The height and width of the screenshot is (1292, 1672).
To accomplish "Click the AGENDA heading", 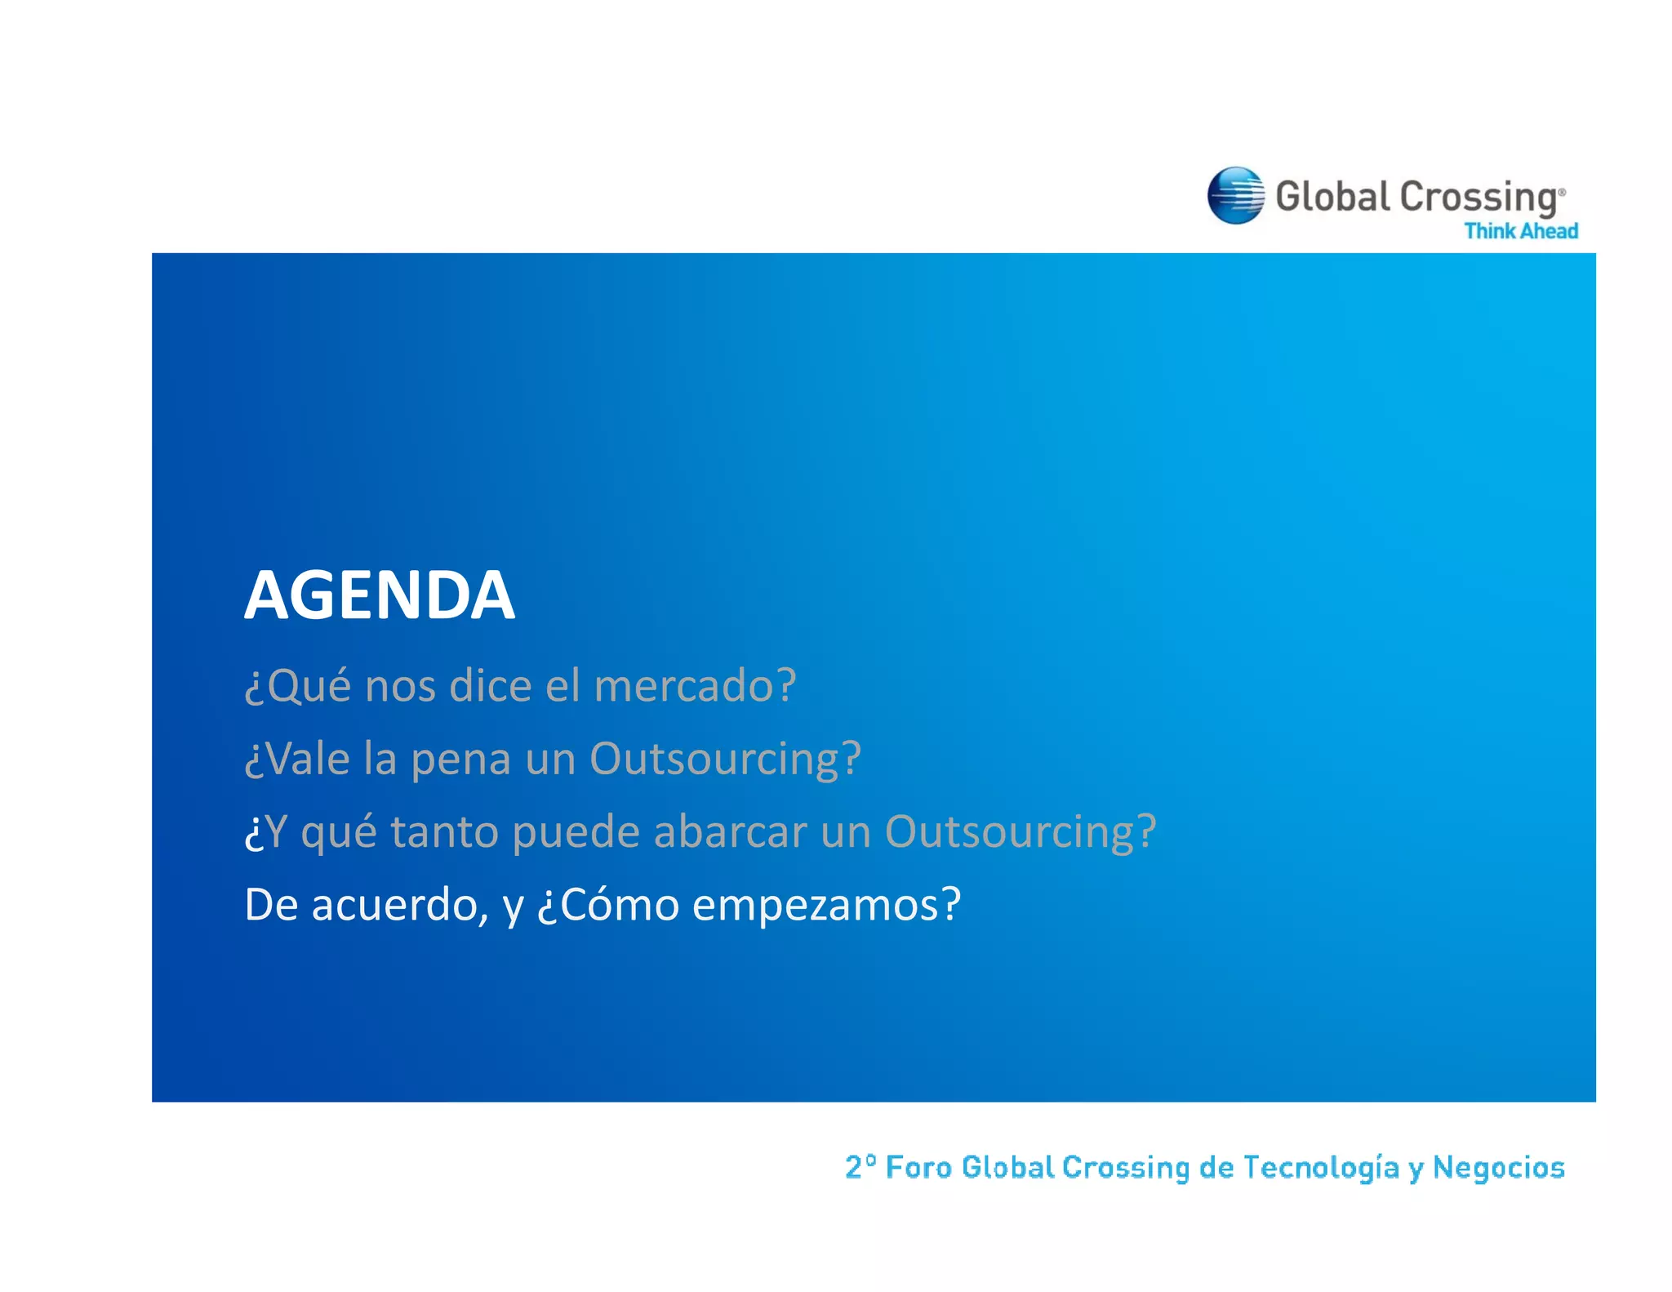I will pos(380,595).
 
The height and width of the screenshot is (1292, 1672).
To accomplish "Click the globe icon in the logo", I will pos(1235,195).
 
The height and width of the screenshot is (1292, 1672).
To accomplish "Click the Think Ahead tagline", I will pos(1520,231).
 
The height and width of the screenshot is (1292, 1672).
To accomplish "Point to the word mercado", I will pos(694,685).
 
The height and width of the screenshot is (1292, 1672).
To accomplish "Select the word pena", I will pos(461,760).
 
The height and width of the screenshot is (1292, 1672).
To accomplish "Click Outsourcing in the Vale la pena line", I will pos(724,760).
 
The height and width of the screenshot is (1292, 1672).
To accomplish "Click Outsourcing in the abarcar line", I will pos(1020,832).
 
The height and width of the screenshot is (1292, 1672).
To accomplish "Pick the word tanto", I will pos(445,832).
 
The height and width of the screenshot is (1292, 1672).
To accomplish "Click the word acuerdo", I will pos(399,906).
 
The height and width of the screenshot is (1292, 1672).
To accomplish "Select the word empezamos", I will pos(825,906).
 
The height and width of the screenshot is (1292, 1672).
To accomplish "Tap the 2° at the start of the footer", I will pos(860,1167).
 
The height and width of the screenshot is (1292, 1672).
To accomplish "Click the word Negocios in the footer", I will pos(1498,1168).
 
